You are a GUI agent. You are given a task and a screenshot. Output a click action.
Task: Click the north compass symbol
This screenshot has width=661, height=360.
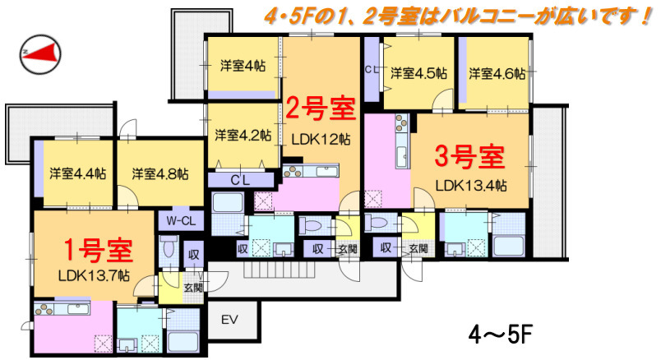click(40, 54)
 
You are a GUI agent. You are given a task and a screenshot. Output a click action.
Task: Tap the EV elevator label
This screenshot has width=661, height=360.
click(229, 319)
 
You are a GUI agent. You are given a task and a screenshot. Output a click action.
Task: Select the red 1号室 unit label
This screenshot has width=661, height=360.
click(98, 250)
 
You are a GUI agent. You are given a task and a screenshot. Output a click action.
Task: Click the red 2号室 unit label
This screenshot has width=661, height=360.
click(321, 108)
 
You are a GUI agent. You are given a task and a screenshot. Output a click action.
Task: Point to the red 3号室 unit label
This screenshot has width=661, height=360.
click(469, 157)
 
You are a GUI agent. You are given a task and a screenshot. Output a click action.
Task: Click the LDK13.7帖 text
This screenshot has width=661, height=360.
click(94, 275)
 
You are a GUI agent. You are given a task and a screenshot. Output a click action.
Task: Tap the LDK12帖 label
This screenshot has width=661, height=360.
click(321, 139)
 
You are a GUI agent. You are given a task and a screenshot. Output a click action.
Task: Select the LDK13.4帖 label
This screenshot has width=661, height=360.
click(471, 186)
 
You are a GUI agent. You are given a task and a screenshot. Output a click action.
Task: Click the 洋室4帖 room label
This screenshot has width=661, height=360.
click(243, 66)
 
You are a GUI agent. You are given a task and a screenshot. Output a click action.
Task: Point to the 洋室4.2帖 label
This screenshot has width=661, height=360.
click(243, 135)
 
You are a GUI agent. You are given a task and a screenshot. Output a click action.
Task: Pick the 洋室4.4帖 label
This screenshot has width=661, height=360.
click(77, 173)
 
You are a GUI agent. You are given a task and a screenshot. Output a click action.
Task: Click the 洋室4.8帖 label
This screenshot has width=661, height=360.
click(160, 173)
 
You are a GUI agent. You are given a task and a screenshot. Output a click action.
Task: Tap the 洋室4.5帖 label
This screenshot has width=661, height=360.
click(418, 73)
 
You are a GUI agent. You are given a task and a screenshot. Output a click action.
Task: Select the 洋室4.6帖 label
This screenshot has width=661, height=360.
click(497, 73)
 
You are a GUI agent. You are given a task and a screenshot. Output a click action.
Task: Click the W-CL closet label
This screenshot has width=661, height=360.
click(181, 221)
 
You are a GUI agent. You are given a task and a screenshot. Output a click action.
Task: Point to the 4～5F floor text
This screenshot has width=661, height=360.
click(501, 336)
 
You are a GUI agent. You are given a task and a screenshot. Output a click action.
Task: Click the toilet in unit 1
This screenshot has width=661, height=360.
click(169, 247)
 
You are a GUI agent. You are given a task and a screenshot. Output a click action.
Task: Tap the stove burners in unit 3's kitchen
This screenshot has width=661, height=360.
click(401, 122)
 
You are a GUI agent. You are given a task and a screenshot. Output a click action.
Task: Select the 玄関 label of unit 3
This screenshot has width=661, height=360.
click(418, 248)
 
